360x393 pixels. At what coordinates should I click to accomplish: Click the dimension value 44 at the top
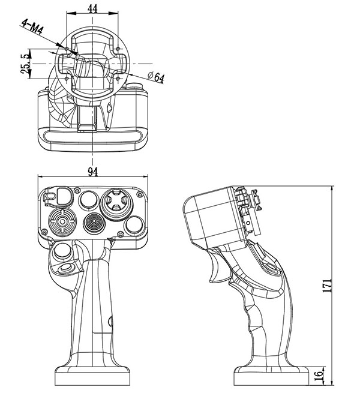(92, 8)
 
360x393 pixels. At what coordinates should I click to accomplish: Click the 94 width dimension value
(92, 172)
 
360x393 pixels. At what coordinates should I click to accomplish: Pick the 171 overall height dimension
(328, 284)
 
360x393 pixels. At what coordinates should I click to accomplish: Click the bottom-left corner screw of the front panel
(47, 231)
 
